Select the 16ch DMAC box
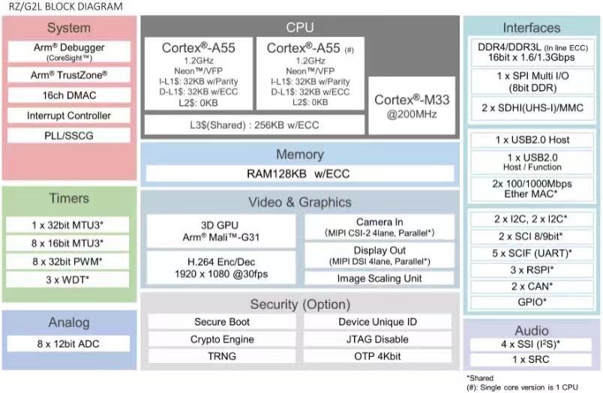click(69, 95)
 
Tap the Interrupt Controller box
click(69, 116)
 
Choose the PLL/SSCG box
click(69, 136)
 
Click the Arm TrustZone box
click(69, 75)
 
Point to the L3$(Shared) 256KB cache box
click(253, 124)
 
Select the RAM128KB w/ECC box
click(299, 174)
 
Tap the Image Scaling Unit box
click(380, 278)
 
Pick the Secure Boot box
click(223, 322)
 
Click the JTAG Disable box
click(378, 339)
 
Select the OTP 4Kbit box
click(378, 356)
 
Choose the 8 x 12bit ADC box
click(69, 344)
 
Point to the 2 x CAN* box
click(532, 286)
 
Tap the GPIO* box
click(532, 303)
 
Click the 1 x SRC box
click(532, 360)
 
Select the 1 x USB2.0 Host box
click(532, 140)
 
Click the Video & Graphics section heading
click(299, 202)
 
